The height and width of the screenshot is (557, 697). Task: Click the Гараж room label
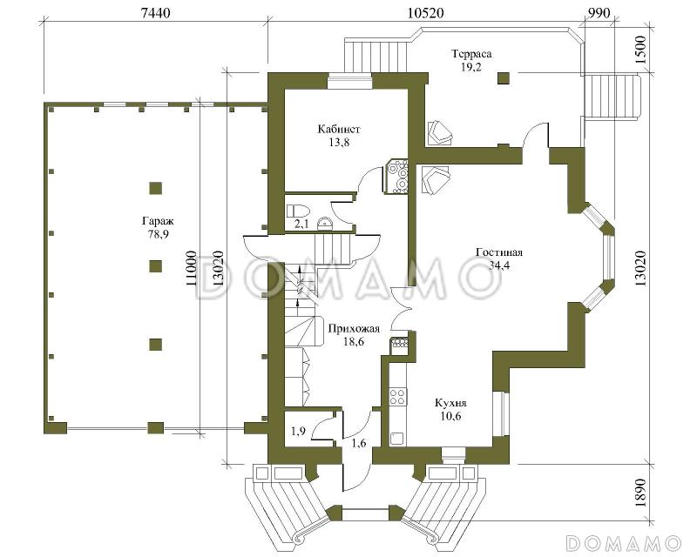coord(158,221)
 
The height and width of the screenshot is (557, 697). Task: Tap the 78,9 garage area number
coord(159,234)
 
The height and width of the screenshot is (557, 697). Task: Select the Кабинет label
coord(339,130)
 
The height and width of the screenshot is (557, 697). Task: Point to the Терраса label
coord(471,54)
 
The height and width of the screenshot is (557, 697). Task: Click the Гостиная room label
coord(499,252)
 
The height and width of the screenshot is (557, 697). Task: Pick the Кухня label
coord(450,403)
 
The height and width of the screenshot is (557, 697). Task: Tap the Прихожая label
coord(354,329)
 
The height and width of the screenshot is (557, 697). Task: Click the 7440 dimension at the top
coord(155,13)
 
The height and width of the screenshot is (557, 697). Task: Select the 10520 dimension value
coord(425,13)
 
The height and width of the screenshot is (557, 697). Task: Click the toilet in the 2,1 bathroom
coord(295,210)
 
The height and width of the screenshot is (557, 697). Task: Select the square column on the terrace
coord(504,78)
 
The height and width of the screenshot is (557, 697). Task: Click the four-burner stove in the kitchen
coord(398,397)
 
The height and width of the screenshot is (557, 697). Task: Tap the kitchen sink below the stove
coord(396,439)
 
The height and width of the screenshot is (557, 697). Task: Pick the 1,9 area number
coord(298,431)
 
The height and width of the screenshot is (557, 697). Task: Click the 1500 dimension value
coord(640,51)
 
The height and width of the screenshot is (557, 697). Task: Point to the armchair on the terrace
coord(441,133)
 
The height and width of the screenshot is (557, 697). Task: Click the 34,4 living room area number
coord(499,265)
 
